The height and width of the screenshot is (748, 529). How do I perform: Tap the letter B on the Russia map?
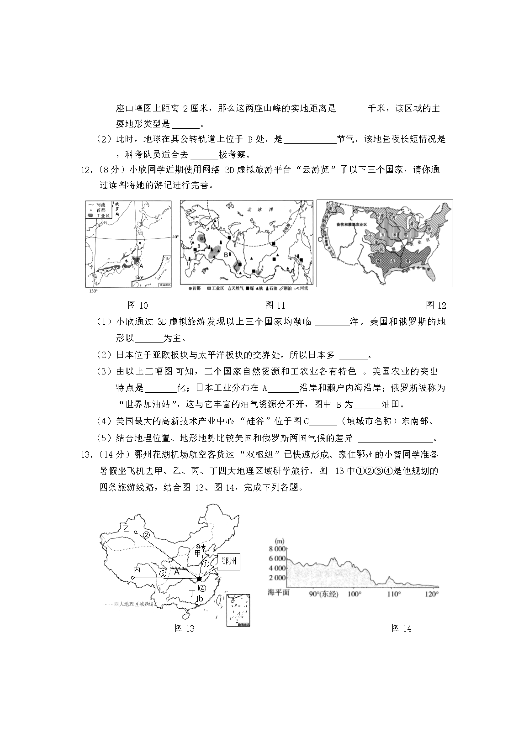coord(225,254)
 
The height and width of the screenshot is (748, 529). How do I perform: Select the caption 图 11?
coord(275,306)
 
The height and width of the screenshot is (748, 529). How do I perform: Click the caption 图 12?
coord(435,306)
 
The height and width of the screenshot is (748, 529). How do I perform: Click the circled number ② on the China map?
coord(147,535)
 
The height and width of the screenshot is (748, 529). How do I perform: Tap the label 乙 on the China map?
coord(127,529)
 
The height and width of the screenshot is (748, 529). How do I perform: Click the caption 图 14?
coord(401,628)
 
